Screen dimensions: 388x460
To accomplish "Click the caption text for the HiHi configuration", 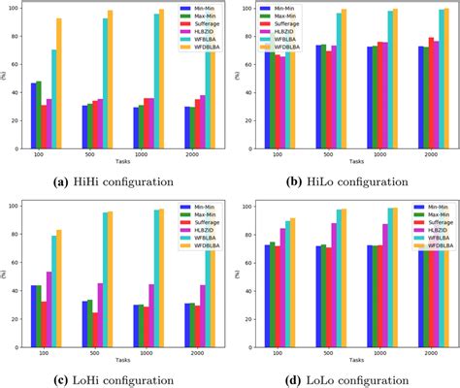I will [115, 180].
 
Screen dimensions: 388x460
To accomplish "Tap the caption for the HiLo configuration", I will [345, 180].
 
